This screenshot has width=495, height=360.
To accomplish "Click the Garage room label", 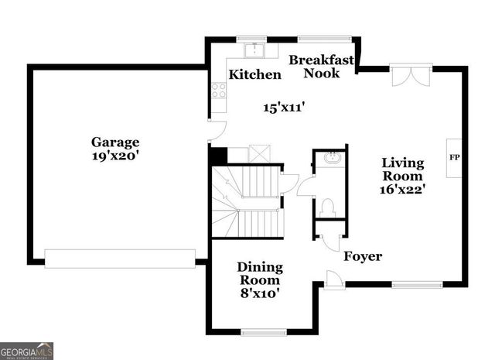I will click(115, 142).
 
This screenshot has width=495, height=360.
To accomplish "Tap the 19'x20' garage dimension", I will click(115, 155).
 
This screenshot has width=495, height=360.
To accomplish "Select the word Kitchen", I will click(254, 75).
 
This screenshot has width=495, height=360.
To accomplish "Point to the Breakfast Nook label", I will click(321, 67).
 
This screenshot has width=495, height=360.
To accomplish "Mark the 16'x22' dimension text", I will click(403, 188).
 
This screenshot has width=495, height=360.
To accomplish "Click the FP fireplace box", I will click(454, 158).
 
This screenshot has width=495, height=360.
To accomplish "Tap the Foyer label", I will click(363, 256).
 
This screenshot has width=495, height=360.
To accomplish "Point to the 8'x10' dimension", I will click(259, 293).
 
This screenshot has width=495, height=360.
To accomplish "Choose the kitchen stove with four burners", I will click(219, 91).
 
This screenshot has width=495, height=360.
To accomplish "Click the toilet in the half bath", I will click(328, 207).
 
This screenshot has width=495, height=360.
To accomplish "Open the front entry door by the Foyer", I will click(333, 279).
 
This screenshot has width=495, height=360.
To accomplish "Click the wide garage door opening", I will click(120, 259).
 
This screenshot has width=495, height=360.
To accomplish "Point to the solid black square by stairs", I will click(218, 156).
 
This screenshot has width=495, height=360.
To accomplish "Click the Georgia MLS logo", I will click(27, 351).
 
